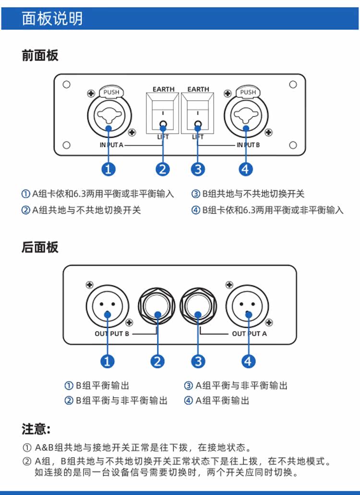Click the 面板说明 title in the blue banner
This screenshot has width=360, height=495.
pos(52,18)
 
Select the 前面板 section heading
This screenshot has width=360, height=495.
pos(40,55)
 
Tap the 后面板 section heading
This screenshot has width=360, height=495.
pos(40,247)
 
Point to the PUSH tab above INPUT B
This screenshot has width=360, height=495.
pos(248,92)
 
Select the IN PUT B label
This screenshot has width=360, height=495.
pos(248,145)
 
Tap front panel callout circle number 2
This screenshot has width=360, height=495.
pos(163,169)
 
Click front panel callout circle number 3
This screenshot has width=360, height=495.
pos(197,169)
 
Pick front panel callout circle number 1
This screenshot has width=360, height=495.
pos(108,169)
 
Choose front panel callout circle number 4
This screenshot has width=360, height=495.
pos(246,169)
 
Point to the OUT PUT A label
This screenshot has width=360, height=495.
pos(249,333)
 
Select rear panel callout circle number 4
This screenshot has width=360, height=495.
pos(248,361)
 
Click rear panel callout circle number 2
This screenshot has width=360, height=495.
pos(157,361)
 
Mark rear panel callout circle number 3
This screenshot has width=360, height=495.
pos(198,361)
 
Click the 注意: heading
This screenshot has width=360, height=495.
pos(36,428)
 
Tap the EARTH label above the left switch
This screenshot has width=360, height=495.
pos(164,89)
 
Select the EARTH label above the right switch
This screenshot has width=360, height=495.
pos(198,89)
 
